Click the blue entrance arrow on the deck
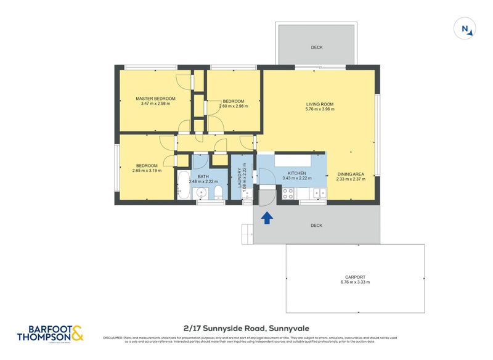point(267,218)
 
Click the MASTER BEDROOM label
point(155,99)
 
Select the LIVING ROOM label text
point(320,104)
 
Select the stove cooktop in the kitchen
point(288,194)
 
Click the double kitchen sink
point(319,194)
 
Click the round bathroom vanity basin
point(200,194)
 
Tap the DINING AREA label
point(351,174)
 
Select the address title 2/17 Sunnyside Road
point(246,329)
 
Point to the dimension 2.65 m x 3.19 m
point(147,171)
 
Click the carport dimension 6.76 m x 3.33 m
point(355,282)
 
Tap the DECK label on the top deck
point(316,47)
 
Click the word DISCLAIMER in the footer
point(113,338)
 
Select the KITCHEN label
point(296,174)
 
